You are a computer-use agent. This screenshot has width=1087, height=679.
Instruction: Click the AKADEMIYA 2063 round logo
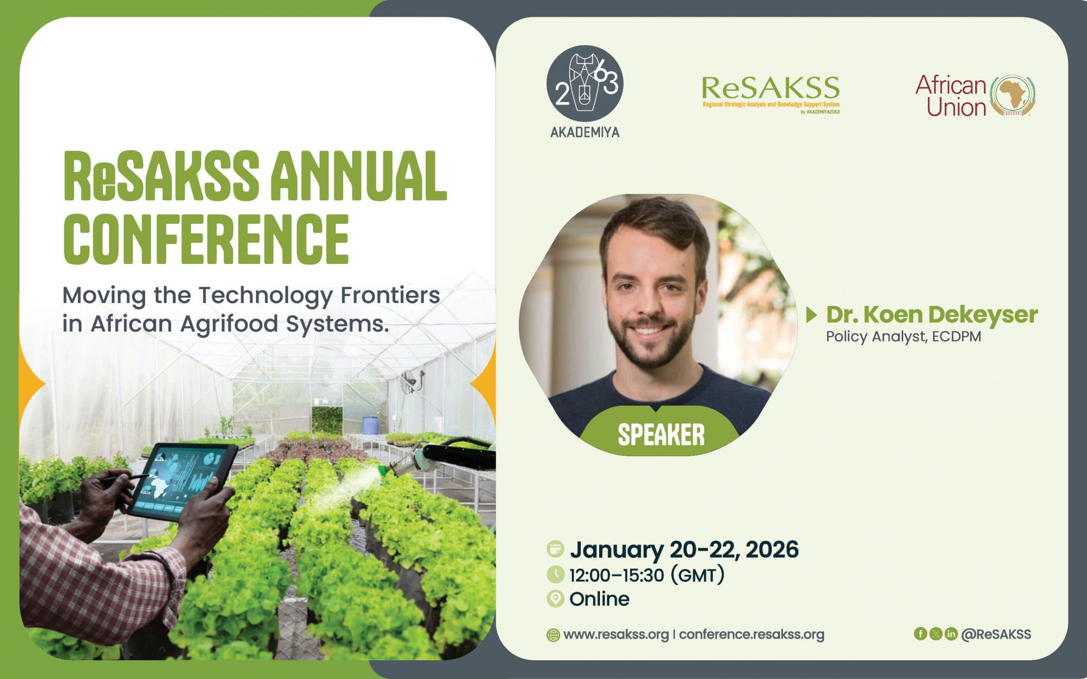pos(585,84)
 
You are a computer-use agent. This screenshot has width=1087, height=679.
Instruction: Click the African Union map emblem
pos(1014,95)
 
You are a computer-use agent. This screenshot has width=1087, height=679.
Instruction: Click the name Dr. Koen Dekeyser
pos(932,315)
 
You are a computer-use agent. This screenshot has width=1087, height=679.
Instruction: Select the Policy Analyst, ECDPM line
pos(903,337)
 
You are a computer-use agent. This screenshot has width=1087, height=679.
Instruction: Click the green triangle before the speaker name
pos(812,315)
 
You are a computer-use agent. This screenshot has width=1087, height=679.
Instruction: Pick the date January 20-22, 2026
pos(684,550)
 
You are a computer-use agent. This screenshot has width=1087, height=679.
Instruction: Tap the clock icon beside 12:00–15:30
pos(556,574)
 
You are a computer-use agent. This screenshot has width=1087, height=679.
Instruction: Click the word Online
pos(599,599)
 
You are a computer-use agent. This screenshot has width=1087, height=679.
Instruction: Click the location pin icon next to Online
pos(556,599)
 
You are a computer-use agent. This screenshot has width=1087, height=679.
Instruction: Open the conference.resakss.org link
pos(752,634)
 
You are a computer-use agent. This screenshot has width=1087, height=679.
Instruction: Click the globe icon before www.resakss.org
pos(553,635)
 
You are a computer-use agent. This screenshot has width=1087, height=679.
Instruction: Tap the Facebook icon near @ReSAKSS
pos(921,634)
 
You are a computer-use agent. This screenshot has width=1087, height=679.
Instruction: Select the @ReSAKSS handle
pos(996,634)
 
